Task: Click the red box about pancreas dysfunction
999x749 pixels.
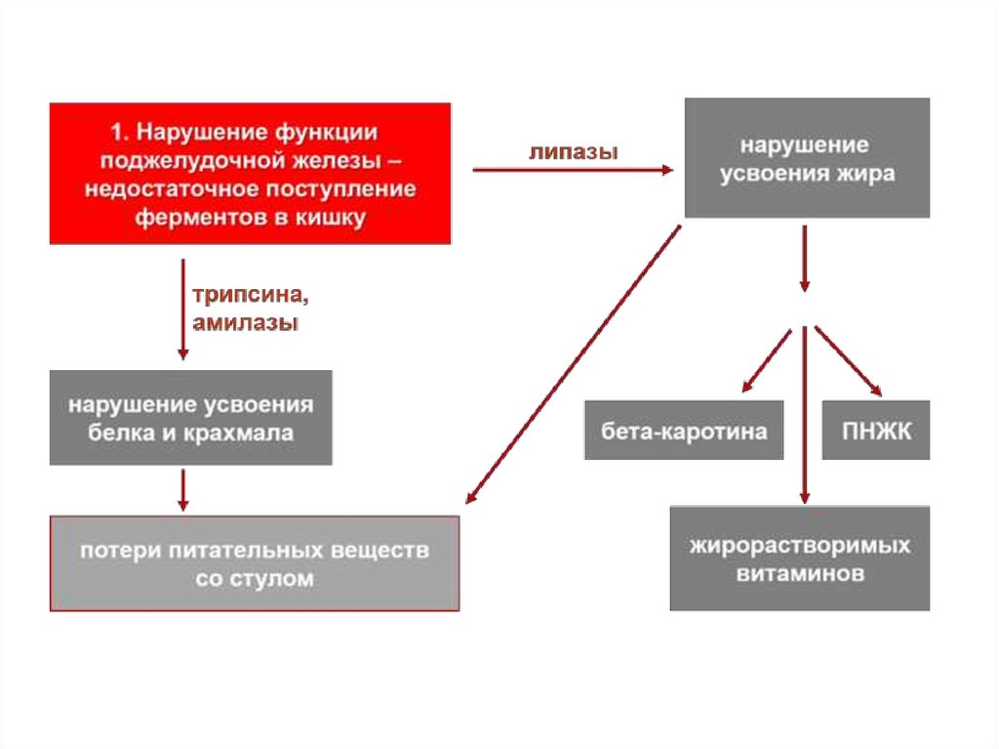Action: [x=250, y=173]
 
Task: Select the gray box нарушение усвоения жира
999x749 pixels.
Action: [x=807, y=158]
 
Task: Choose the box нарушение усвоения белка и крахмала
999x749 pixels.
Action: [x=190, y=417]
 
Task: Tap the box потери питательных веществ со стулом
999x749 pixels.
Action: [x=254, y=563]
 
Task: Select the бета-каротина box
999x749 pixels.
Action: [x=684, y=431]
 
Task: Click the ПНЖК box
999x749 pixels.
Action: [x=876, y=431]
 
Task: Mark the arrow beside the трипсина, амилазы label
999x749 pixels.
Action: [x=182, y=308]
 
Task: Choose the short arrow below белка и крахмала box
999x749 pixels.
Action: [x=182, y=489]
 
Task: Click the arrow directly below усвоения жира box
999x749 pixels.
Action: [x=804, y=259]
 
